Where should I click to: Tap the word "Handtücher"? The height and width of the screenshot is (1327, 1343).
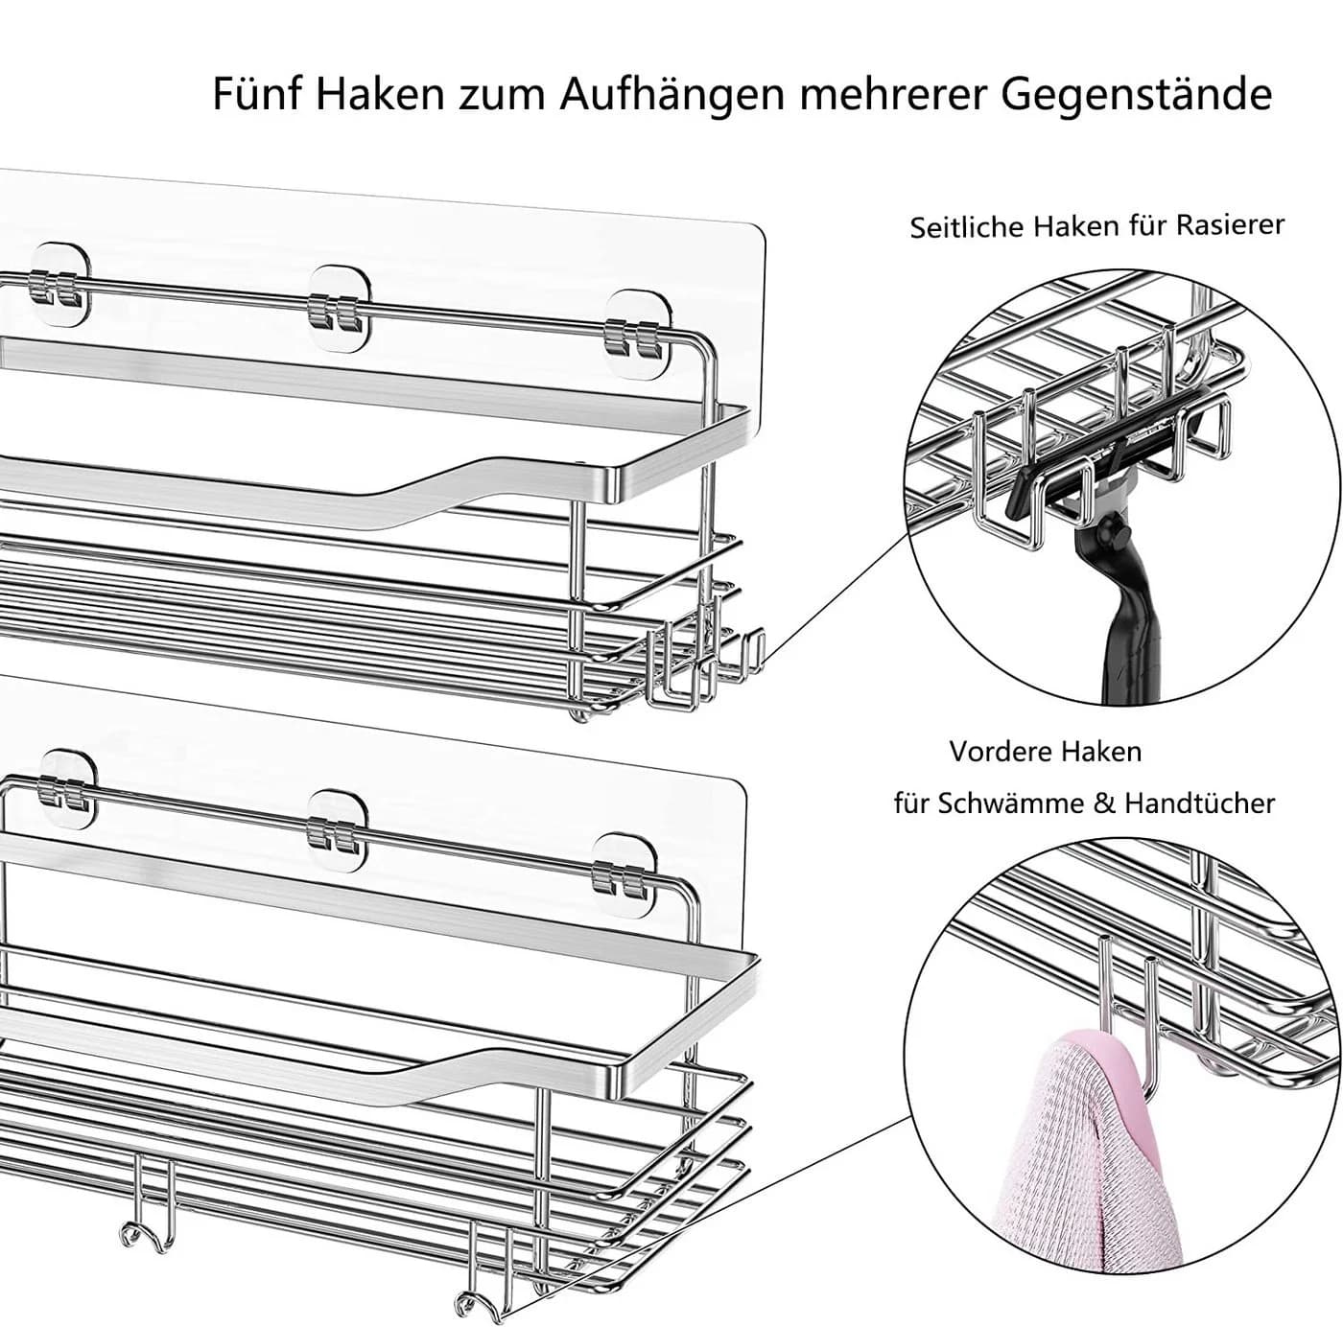(x=1199, y=803)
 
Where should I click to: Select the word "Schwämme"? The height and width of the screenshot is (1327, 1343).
(x=1011, y=803)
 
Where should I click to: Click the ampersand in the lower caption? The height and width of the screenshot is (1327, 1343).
(x=1104, y=803)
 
